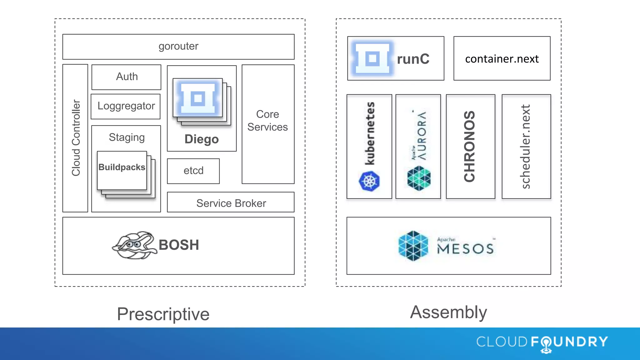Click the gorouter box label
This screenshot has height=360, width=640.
tap(178, 46)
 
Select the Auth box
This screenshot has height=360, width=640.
tap(127, 77)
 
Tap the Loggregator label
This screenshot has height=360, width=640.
tap(126, 106)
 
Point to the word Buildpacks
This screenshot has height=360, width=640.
tap(122, 167)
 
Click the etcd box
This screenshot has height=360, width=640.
tap(193, 171)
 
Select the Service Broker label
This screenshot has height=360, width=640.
tap(231, 203)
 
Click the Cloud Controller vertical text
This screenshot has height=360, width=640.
tap(76, 138)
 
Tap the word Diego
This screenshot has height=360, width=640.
tap(202, 139)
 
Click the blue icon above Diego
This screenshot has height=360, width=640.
tap(198, 99)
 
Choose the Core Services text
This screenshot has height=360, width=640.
tap(267, 121)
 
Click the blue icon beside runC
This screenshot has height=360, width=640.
tap(372, 58)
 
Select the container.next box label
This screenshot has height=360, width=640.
tap(502, 59)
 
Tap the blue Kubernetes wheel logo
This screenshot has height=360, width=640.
tap(369, 181)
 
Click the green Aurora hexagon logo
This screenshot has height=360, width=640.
tap(419, 178)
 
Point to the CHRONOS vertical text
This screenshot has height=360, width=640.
tap(469, 146)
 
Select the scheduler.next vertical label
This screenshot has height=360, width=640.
tap(526, 146)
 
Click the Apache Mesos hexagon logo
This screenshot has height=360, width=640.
tap(413, 246)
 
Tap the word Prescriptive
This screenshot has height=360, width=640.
tap(163, 314)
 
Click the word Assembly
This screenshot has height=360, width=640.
tap(448, 312)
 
